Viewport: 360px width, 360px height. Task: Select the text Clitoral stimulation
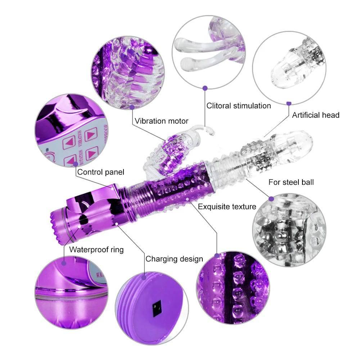pos(238,106)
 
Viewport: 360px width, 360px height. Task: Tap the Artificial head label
pos(315,115)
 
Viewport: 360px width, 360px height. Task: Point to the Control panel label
pos(100,172)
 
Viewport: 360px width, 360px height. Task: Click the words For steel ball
pos(291,182)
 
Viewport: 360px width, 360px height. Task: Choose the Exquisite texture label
pos(227,207)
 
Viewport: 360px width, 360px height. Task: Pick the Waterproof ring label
pos(96,249)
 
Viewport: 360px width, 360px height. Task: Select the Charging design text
pos(174,259)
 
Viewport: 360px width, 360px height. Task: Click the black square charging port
pos(157,309)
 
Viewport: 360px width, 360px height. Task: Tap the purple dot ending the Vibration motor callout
pos(132,107)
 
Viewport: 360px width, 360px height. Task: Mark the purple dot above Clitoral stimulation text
pos(205,87)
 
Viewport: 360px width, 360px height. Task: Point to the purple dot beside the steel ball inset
pos(271,198)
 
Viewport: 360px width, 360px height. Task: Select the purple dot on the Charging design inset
pos(144,277)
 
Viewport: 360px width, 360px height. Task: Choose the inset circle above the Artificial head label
pos(289,67)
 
